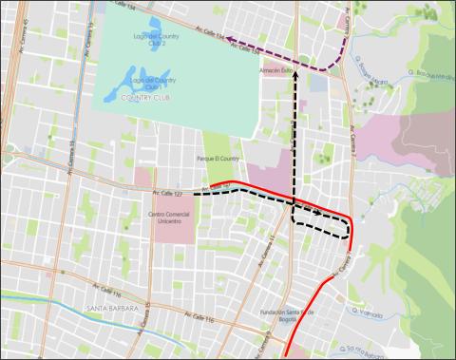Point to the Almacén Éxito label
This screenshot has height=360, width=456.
274,69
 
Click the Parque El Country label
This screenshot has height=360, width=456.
218,159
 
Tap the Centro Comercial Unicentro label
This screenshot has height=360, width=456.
170,219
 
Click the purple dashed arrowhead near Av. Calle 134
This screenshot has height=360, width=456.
229,41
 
